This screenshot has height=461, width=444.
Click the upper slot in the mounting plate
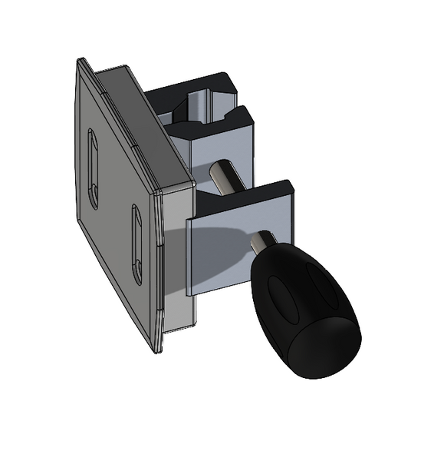[x=93, y=169]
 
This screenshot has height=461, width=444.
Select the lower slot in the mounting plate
[x=137, y=244]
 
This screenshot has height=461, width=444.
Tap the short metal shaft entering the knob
[x=265, y=245]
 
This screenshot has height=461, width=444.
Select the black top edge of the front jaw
[x=245, y=197]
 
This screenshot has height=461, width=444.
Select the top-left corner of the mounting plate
[x=80, y=61]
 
